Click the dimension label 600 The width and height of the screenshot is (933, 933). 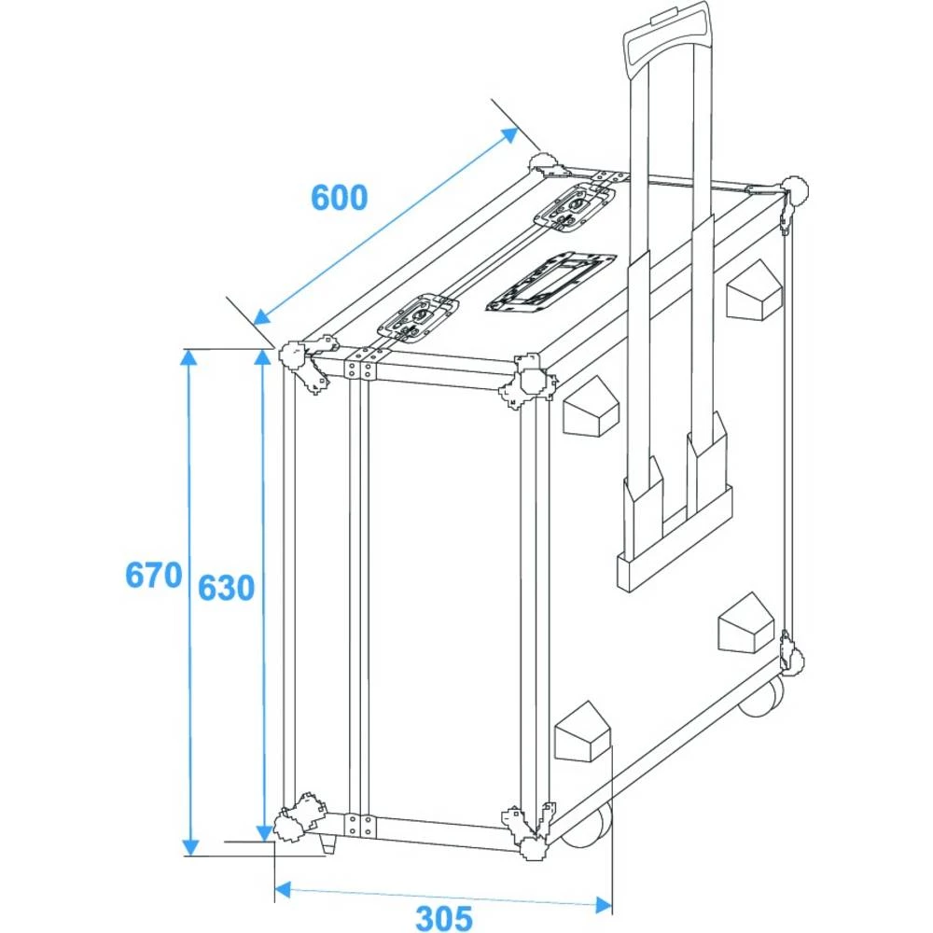[340, 197]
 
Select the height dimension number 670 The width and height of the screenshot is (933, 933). [153, 575]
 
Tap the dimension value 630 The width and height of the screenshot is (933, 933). [226, 588]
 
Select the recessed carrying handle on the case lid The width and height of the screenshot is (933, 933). [550, 281]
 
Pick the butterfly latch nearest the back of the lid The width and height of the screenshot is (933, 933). [575, 207]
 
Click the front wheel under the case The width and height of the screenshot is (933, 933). [588, 826]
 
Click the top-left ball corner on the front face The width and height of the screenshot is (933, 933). [294, 356]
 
